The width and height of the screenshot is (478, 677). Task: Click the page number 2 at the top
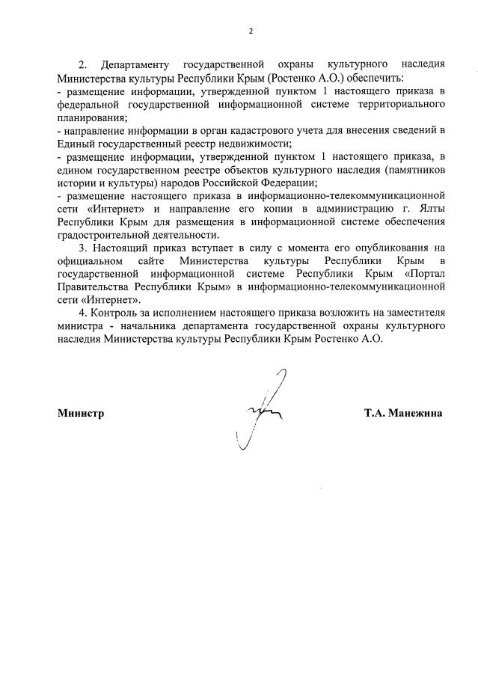coord(251,31)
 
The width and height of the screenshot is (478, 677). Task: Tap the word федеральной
coord(91,105)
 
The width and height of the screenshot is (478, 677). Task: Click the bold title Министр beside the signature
coord(80,412)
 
